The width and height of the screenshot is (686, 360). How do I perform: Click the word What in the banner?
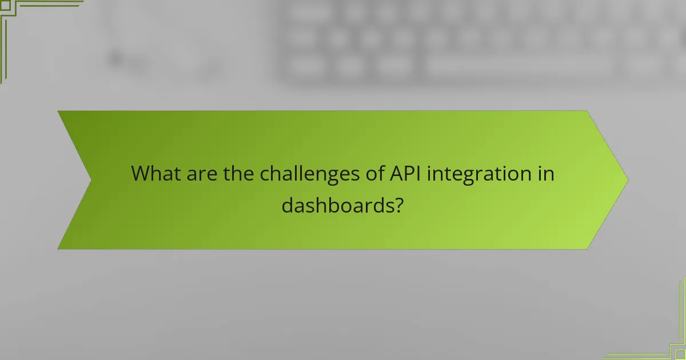pyautogui.click(x=157, y=173)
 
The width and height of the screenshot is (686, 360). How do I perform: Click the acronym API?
pyautogui.click(x=405, y=173)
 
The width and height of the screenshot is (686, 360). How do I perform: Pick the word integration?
pyautogui.click(x=482, y=173)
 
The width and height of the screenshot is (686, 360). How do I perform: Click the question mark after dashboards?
pyautogui.click(x=398, y=205)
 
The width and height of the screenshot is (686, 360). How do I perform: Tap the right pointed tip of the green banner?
pyautogui.click(x=628, y=179)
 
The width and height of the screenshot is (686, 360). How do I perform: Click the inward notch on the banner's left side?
pyautogui.click(x=91, y=179)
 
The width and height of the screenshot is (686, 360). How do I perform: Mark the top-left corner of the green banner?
pyautogui.click(x=58, y=111)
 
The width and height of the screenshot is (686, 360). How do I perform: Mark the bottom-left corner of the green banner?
pyautogui.click(x=58, y=249)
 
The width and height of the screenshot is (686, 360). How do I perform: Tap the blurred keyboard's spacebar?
pyautogui.click(x=517, y=67)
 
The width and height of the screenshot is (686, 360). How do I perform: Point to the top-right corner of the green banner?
pyautogui.click(x=587, y=111)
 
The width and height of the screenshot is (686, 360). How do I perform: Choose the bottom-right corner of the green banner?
pyautogui.click(x=587, y=249)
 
